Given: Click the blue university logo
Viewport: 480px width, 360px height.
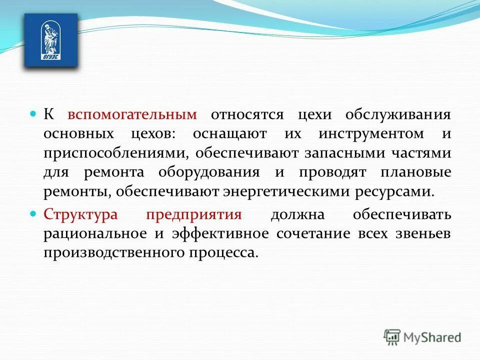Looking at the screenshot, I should [x=51, y=40].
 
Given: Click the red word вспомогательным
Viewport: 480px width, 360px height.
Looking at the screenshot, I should [x=132, y=114].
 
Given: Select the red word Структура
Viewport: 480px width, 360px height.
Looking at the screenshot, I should [x=80, y=214].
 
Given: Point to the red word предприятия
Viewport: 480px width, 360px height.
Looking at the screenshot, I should [x=194, y=214].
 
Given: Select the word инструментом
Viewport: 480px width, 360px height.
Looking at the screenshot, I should [x=370, y=133].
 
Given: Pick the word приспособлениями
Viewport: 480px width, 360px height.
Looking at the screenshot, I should [x=115, y=152].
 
